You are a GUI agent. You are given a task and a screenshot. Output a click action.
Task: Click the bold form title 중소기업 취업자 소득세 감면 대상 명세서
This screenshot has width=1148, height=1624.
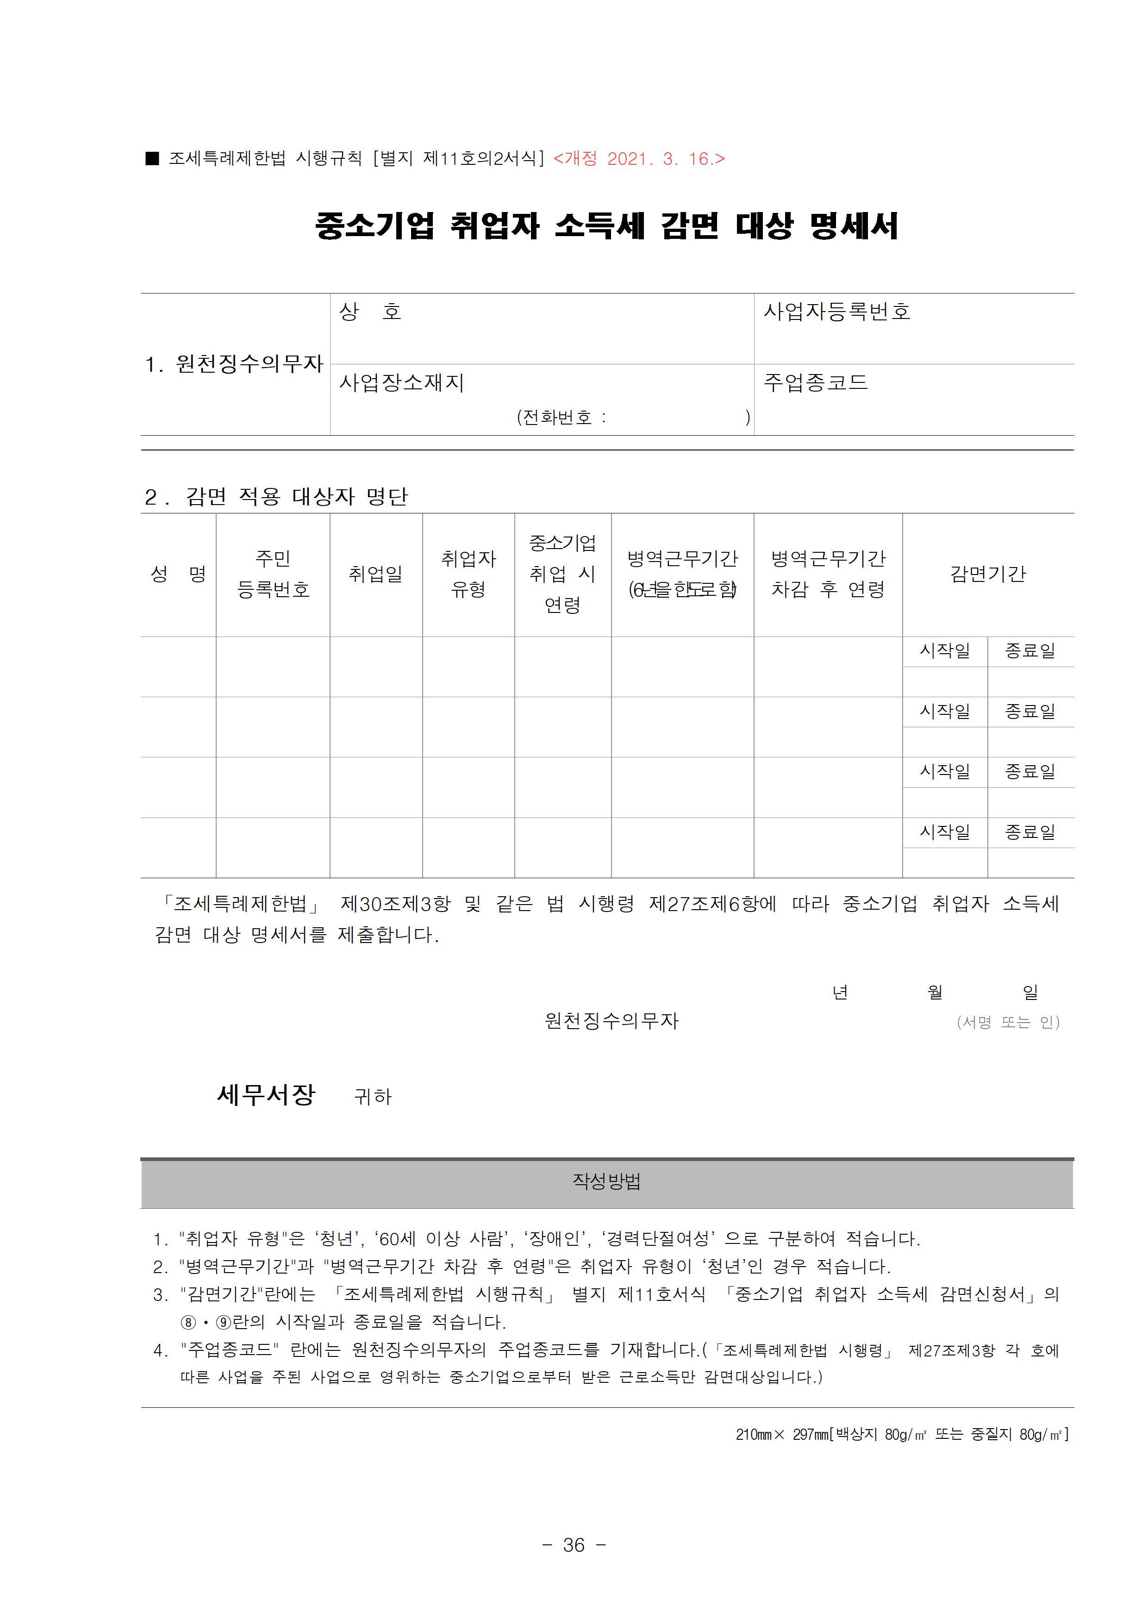(x=606, y=226)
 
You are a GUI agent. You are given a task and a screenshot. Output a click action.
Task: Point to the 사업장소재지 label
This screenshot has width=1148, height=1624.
(x=401, y=383)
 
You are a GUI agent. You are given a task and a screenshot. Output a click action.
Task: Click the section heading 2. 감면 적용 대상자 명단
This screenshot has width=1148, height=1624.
(x=276, y=497)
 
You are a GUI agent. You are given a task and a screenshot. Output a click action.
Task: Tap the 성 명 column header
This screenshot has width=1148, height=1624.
(x=178, y=574)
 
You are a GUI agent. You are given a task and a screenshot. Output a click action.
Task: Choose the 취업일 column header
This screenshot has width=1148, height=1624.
(x=375, y=574)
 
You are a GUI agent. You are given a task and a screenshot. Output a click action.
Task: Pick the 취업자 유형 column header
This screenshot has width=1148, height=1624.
(x=468, y=574)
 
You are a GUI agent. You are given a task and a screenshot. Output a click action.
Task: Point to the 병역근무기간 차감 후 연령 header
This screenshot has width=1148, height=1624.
(x=828, y=574)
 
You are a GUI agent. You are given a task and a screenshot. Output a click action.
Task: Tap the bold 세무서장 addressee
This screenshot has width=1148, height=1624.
(x=266, y=1095)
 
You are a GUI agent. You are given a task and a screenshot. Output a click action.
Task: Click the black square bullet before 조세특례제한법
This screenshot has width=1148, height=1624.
(x=152, y=158)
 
